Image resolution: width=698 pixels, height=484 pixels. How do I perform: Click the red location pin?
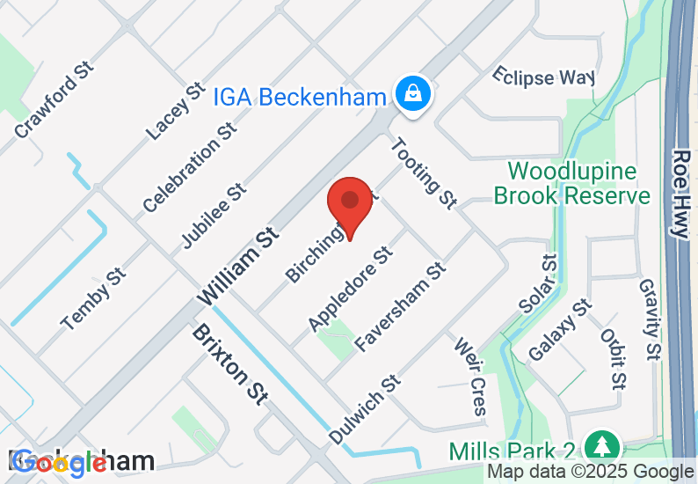point(350,204)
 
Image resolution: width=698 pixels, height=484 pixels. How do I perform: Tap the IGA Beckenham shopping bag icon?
point(411,92)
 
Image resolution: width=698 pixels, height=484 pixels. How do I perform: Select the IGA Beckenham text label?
point(300,96)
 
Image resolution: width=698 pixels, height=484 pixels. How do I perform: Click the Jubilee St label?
point(213,216)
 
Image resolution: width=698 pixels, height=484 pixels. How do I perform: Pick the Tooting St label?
point(424,173)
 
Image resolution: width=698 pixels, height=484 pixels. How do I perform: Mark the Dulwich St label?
point(364,409)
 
